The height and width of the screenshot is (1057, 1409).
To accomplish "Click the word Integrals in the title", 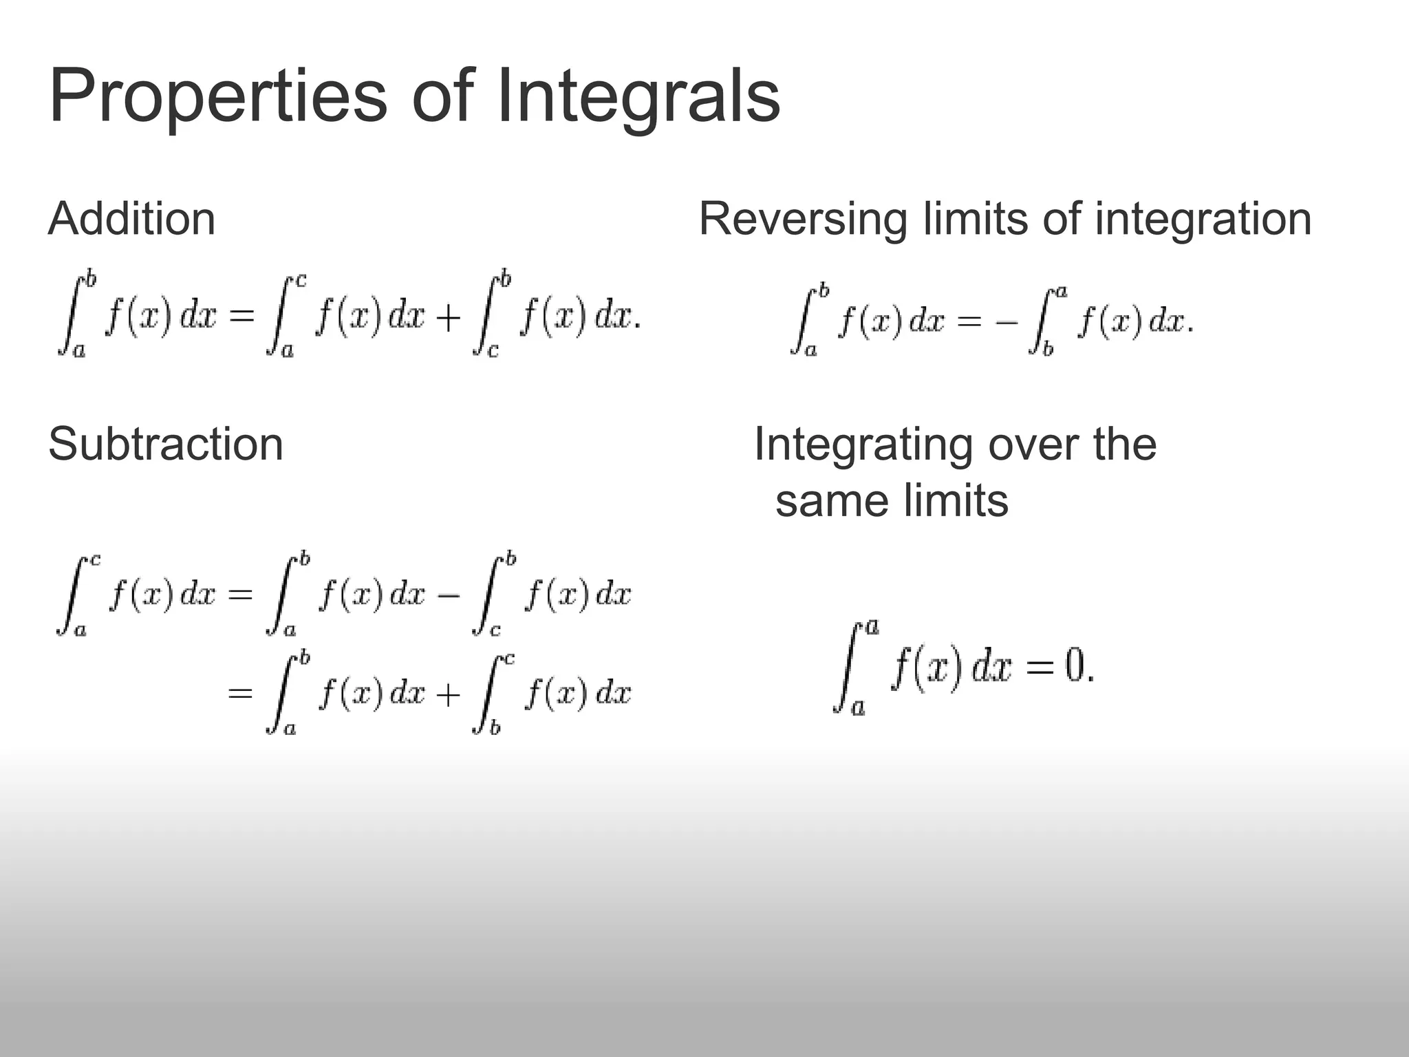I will point(637,96).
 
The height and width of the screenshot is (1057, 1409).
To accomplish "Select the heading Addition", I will point(132,219).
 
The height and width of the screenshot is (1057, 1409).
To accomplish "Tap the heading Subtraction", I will point(166,444).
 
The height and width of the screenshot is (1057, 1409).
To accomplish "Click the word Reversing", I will point(802,220).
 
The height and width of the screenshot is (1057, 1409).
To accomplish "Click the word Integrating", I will point(863,445).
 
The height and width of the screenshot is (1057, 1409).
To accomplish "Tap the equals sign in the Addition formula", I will point(241,317).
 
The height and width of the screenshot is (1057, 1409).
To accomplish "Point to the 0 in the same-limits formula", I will point(1074,666).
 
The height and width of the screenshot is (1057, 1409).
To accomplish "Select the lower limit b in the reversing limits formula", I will point(1048,350).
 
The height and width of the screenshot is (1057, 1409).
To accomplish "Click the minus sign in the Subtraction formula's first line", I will point(448,595).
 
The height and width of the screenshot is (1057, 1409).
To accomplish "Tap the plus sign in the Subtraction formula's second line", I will point(448,695).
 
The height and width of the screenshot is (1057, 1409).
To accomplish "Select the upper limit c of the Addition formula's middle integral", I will point(300,281).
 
